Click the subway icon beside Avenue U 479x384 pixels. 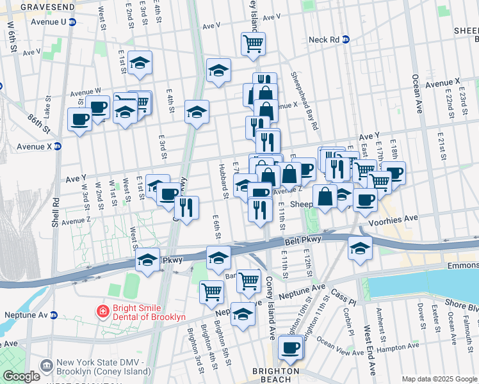pyautogui.click(x=72, y=22)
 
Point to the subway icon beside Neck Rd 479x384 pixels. pyautogui.click(x=346, y=40)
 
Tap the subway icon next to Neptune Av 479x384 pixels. pyautogui.click(x=54, y=315)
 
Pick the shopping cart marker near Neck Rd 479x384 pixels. pyautogui.click(x=253, y=44)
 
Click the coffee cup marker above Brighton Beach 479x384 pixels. pyautogui.click(x=291, y=348)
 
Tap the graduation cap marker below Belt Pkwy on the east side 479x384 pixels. pyautogui.click(x=361, y=248)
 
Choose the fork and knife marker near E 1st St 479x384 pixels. pyautogui.click(x=186, y=207)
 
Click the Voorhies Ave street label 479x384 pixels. pyautogui.click(x=393, y=218)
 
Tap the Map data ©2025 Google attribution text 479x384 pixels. pyautogui.click(x=439, y=379)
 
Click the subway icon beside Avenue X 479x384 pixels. pyautogui.click(x=57, y=145)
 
